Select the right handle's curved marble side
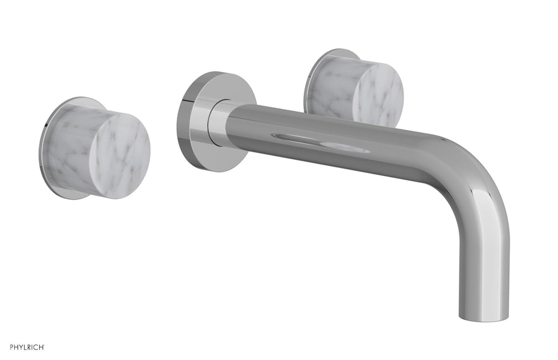point(332,87)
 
